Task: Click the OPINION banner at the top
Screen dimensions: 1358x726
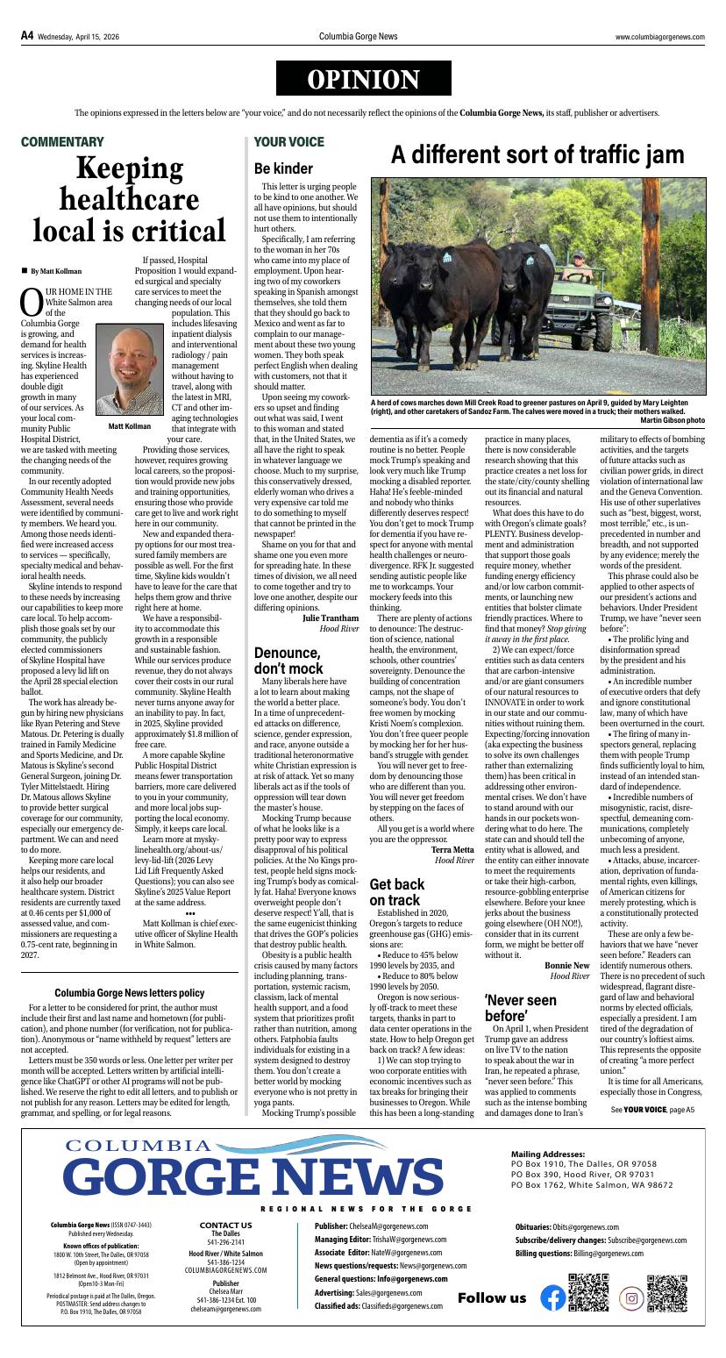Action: point(363,80)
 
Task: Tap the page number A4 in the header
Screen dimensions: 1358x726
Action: point(27,36)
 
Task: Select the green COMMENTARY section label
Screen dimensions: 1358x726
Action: point(62,141)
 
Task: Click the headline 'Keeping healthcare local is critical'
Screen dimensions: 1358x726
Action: point(130,199)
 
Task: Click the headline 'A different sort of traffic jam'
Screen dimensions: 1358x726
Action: point(537,155)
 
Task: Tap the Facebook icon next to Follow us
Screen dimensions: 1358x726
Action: point(552,1297)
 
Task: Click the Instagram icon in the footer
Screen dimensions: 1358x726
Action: point(630,1297)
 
